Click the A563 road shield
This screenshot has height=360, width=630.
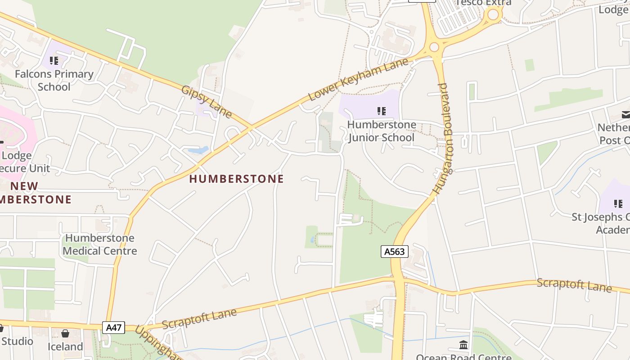pyautogui.click(x=394, y=252)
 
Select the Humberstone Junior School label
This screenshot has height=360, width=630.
pyautogui.click(x=381, y=131)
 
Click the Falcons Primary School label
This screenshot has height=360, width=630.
pyautogui.click(x=54, y=80)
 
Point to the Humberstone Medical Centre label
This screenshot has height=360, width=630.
pyautogui.click(x=99, y=244)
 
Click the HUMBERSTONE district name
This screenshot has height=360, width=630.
pyautogui.click(x=236, y=179)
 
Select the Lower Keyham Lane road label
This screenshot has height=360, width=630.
pyautogui.click(x=358, y=80)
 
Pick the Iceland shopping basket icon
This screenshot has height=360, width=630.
pyautogui.click(x=65, y=333)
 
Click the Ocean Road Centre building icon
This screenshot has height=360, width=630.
pyautogui.click(x=463, y=345)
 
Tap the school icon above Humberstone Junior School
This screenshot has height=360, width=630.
pyautogui.click(x=382, y=111)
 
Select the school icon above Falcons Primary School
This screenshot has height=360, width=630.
pyautogui.click(x=54, y=60)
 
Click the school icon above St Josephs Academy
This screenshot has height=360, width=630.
pyautogui.click(x=618, y=203)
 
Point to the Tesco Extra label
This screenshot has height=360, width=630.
pyautogui.click(x=483, y=3)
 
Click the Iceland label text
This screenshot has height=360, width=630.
pyautogui.click(x=65, y=346)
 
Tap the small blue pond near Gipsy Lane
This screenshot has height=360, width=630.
pyautogui.click(x=198, y=150)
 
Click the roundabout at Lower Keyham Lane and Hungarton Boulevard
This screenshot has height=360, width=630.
pyautogui.click(x=434, y=47)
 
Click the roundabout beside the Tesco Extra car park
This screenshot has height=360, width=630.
pyautogui.click(x=493, y=15)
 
